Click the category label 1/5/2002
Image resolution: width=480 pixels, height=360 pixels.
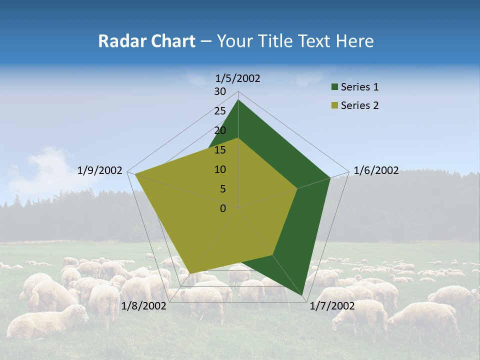click(238, 78)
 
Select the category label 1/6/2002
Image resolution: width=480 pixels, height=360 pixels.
click(376, 170)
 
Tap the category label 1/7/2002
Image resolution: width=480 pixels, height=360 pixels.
click(332, 306)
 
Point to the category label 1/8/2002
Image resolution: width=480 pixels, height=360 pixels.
click(144, 306)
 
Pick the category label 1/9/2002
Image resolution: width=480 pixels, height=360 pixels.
click(100, 170)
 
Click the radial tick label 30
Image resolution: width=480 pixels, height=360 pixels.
click(220, 91)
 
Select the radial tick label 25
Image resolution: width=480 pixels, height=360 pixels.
click(220, 111)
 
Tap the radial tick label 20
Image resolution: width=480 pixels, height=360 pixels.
click(220, 130)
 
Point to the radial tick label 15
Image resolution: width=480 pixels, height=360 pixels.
click(220, 150)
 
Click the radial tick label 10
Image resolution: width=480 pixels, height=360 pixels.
click(220, 169)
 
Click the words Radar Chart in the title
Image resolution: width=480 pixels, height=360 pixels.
click(146, 41)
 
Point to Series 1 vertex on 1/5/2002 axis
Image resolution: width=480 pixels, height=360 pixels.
click(238, 100)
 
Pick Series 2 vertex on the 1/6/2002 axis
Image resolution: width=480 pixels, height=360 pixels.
click(297, 189)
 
